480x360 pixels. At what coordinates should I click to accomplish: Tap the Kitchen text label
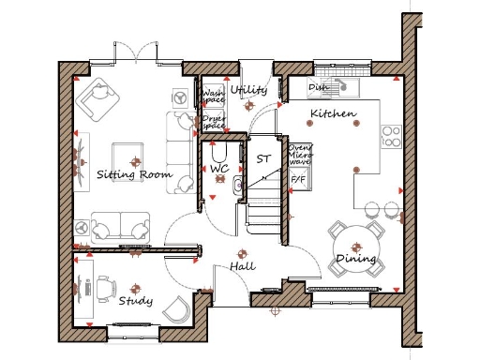tap(333, 114)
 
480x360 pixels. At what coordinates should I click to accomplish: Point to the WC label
tap(219, 169)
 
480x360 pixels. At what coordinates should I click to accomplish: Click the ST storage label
tap(263, 158)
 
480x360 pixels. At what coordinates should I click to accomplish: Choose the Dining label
tap(355, 259)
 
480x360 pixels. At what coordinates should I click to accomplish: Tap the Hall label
tap(244, 268)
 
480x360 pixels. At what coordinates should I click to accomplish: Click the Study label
tap(136, 301)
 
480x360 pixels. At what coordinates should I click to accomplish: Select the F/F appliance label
tap(299, 178)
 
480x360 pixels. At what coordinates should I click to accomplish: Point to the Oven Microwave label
tap(300, 155)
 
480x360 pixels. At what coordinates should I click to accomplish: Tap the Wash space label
tap(213, 97)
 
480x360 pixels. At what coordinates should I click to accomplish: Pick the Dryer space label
tap(213, 122)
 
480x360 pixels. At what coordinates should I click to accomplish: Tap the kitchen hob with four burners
tap(390, 137)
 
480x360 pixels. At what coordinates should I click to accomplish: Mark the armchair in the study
tap(176, 307)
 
